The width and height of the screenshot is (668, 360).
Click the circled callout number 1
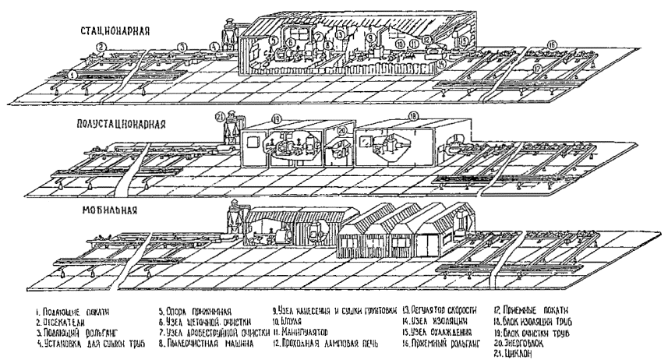point(72,75)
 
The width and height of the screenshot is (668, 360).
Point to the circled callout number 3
point(181,48)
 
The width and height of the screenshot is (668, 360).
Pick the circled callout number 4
point(214,46)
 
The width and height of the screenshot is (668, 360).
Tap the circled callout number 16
point(553,44)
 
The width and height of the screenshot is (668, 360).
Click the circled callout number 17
point(539,68)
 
